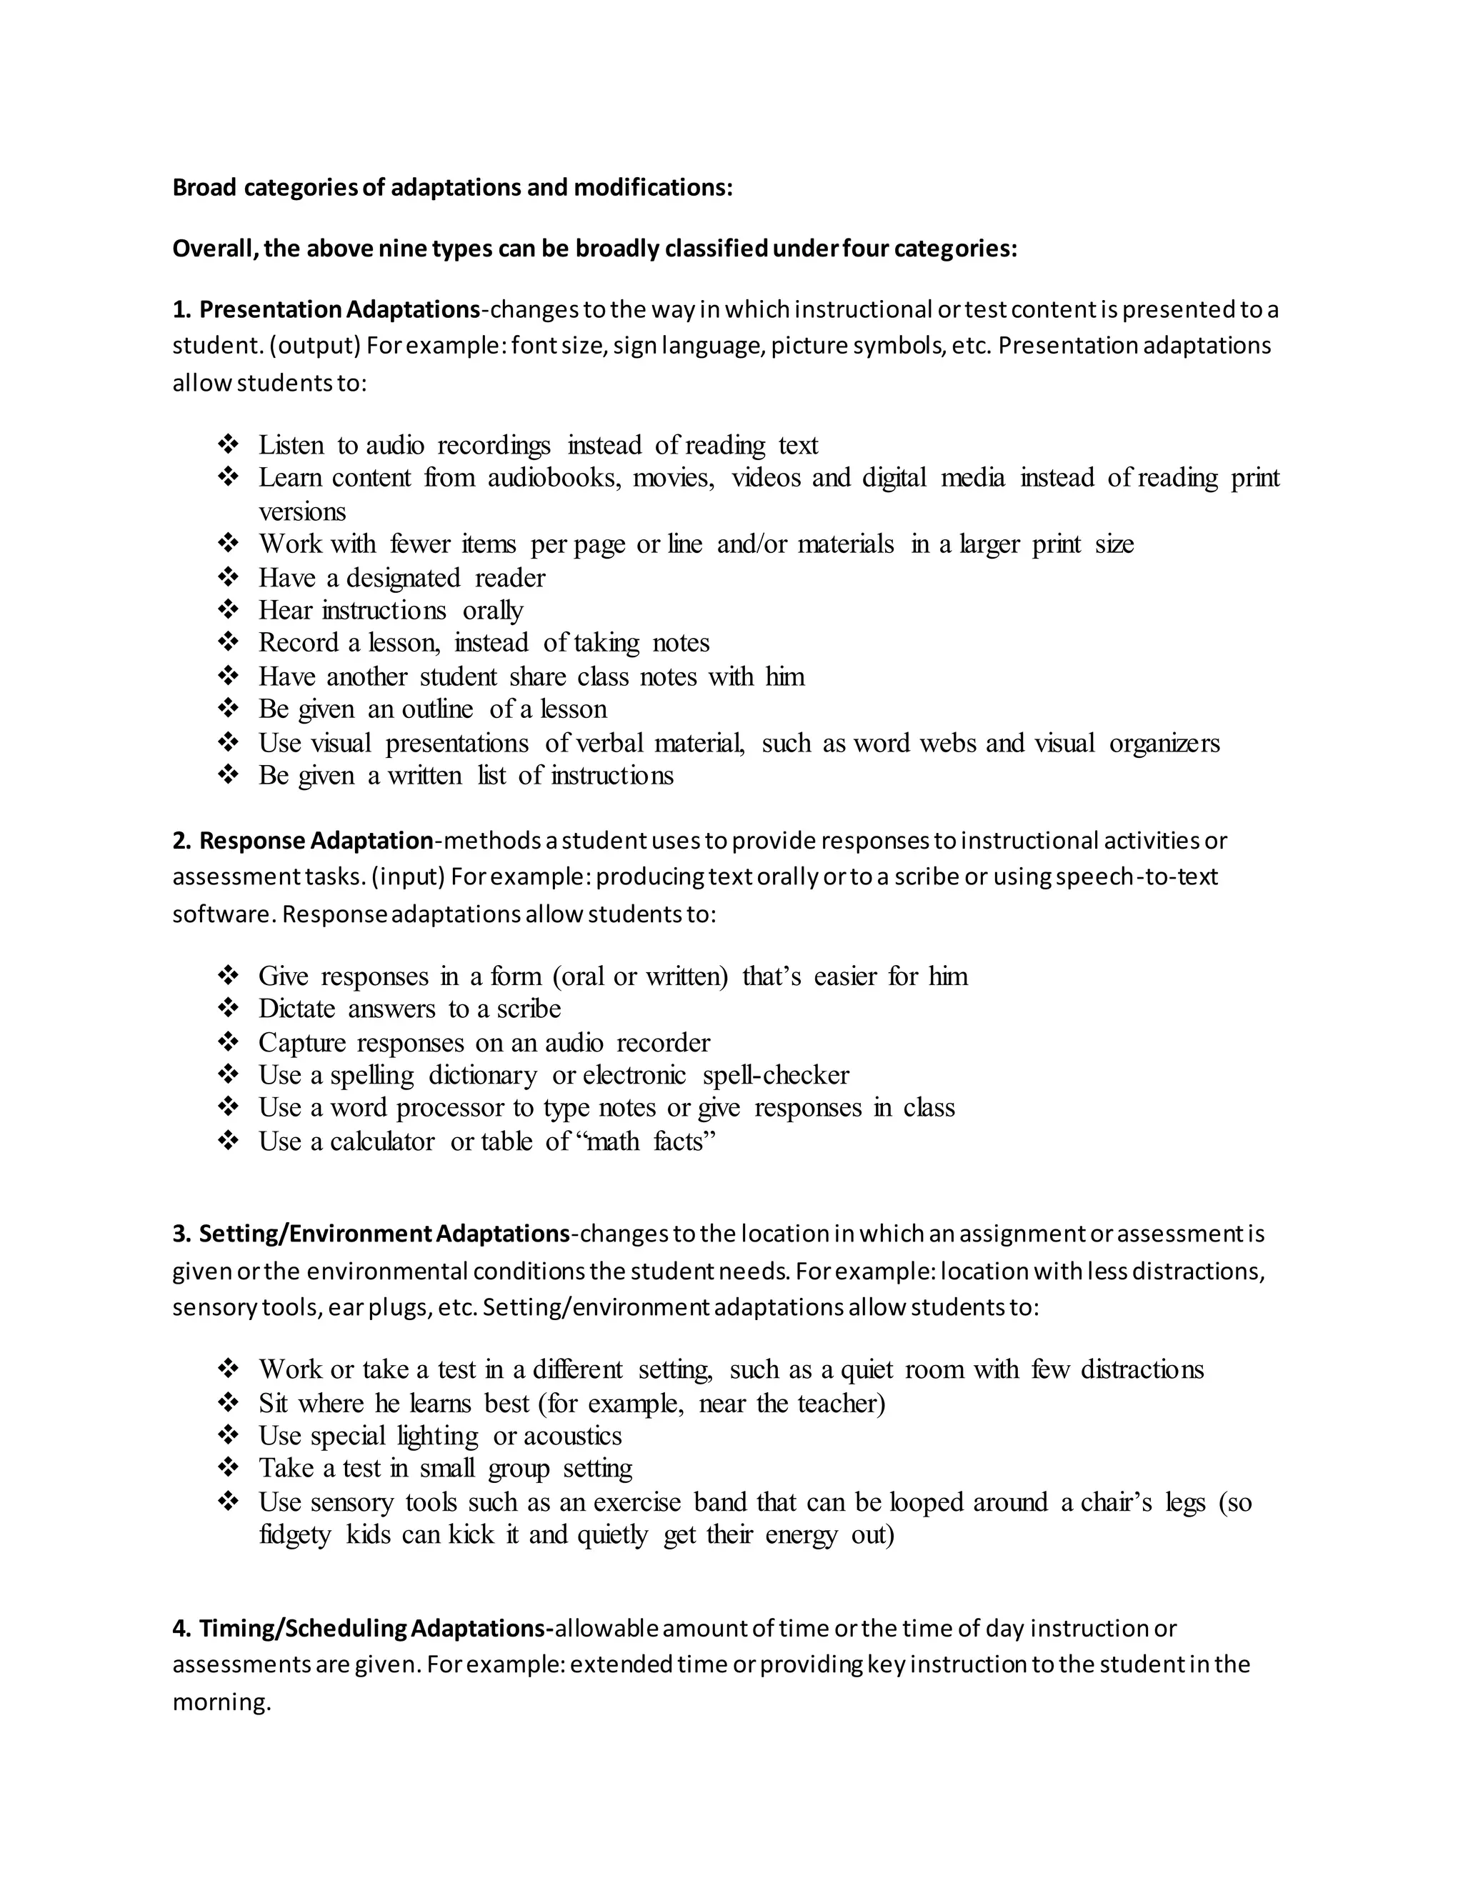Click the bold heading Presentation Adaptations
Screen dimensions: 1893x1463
click(339, 309)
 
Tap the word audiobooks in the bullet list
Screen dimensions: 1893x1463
click(554, 478)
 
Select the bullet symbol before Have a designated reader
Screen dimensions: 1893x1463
click(228, 577)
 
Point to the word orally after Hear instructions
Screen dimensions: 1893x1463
click(492, 610)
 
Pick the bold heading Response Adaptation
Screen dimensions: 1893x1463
click(316, 841)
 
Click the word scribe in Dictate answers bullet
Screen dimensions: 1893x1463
click(529, 1009)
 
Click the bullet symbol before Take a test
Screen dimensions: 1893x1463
click(228, 1468)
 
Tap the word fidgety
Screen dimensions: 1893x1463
click(295, 1535)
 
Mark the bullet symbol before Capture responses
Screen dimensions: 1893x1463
click(228, 1042)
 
